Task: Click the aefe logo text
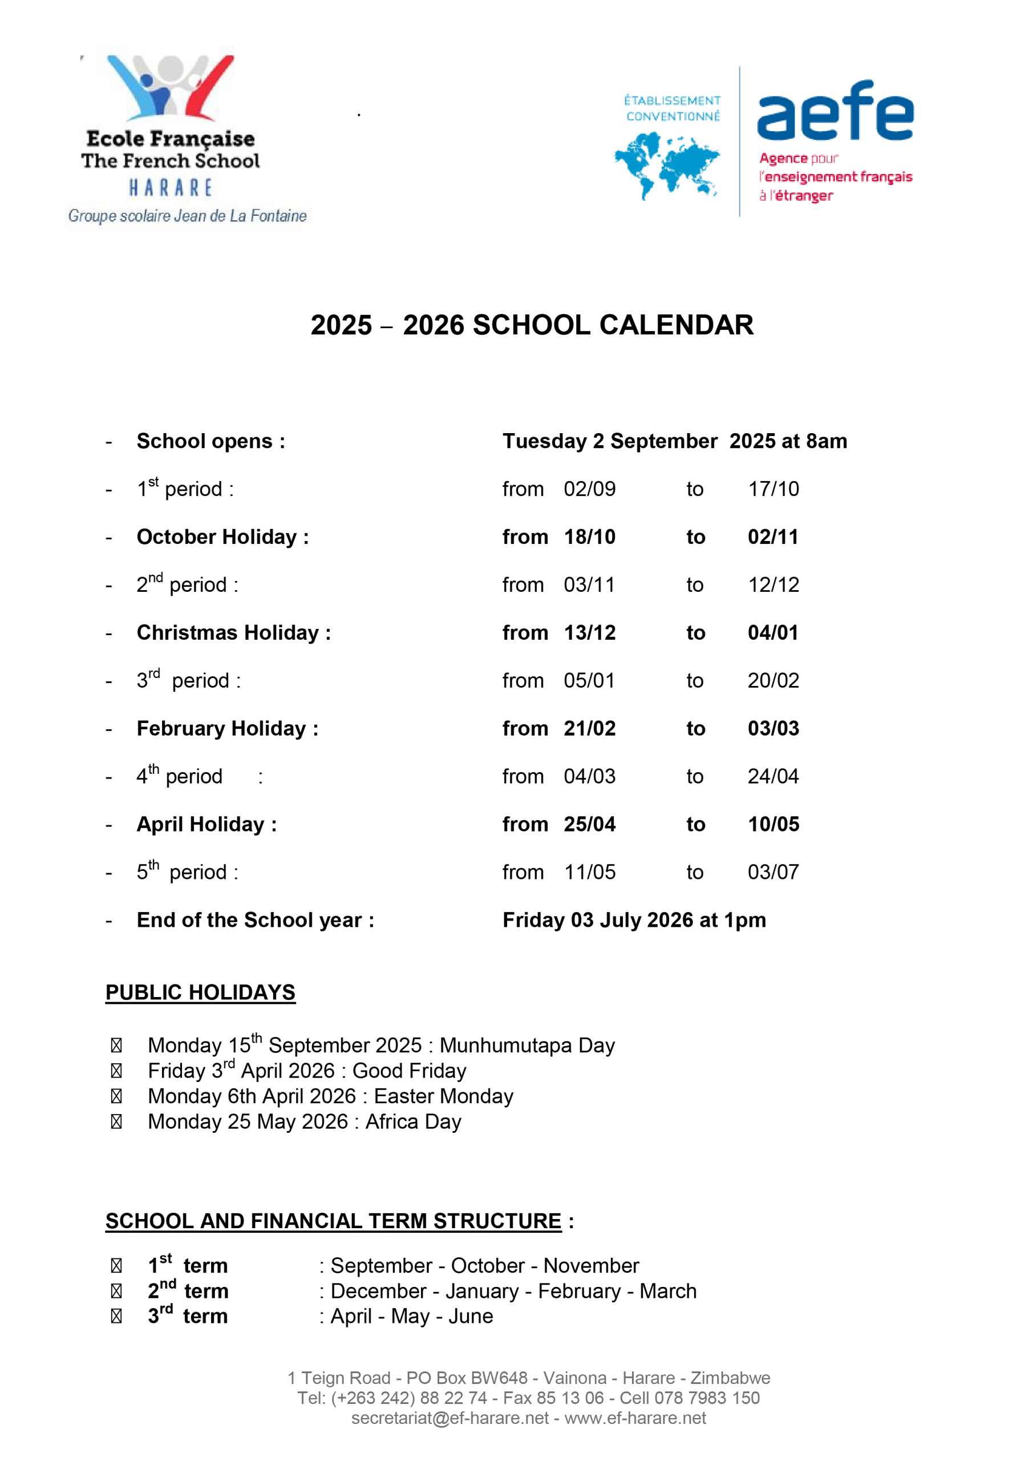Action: pyautogui.click(x=834, y=111)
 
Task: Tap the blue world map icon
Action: pyautogui.click(x=666, y=165)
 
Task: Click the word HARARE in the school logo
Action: pyautogui.click(x=171, y=188)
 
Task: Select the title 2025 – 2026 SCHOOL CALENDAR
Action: pyautogui.click(x=532, y=325)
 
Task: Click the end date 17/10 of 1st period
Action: pyautogui.click(x=773, y=489)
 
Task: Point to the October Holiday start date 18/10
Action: pyautogui.click(x=589, y=537)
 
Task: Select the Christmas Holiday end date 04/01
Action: pyautogui.click(x=773, y=632)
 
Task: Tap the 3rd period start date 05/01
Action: pyautogui.click(x=589, y=681)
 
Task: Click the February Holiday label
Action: pyautogui.click(x=227, y=729)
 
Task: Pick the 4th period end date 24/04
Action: pyautogui.click(x=773, y=776)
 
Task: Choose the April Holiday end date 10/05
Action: pyautogui.click(x=773, y=824)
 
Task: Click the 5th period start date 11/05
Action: pyautogui.click(x=589, y=873)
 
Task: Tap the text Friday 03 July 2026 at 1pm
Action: pyautogui.click(x=634, y=920)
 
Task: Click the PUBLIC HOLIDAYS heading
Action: pyautogui.click(x=200, y=992)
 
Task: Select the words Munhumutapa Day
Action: pyautogui.click(x=526, y=1046)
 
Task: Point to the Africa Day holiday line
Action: pyautogui.click(x=304, y=1121)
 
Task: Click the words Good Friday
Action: pyautogui.click(x=409, y=1071)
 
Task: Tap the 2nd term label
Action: pyautogui.click(x=188, y=1291)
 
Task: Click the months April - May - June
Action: pyautogui.click(x=412, y=1316)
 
